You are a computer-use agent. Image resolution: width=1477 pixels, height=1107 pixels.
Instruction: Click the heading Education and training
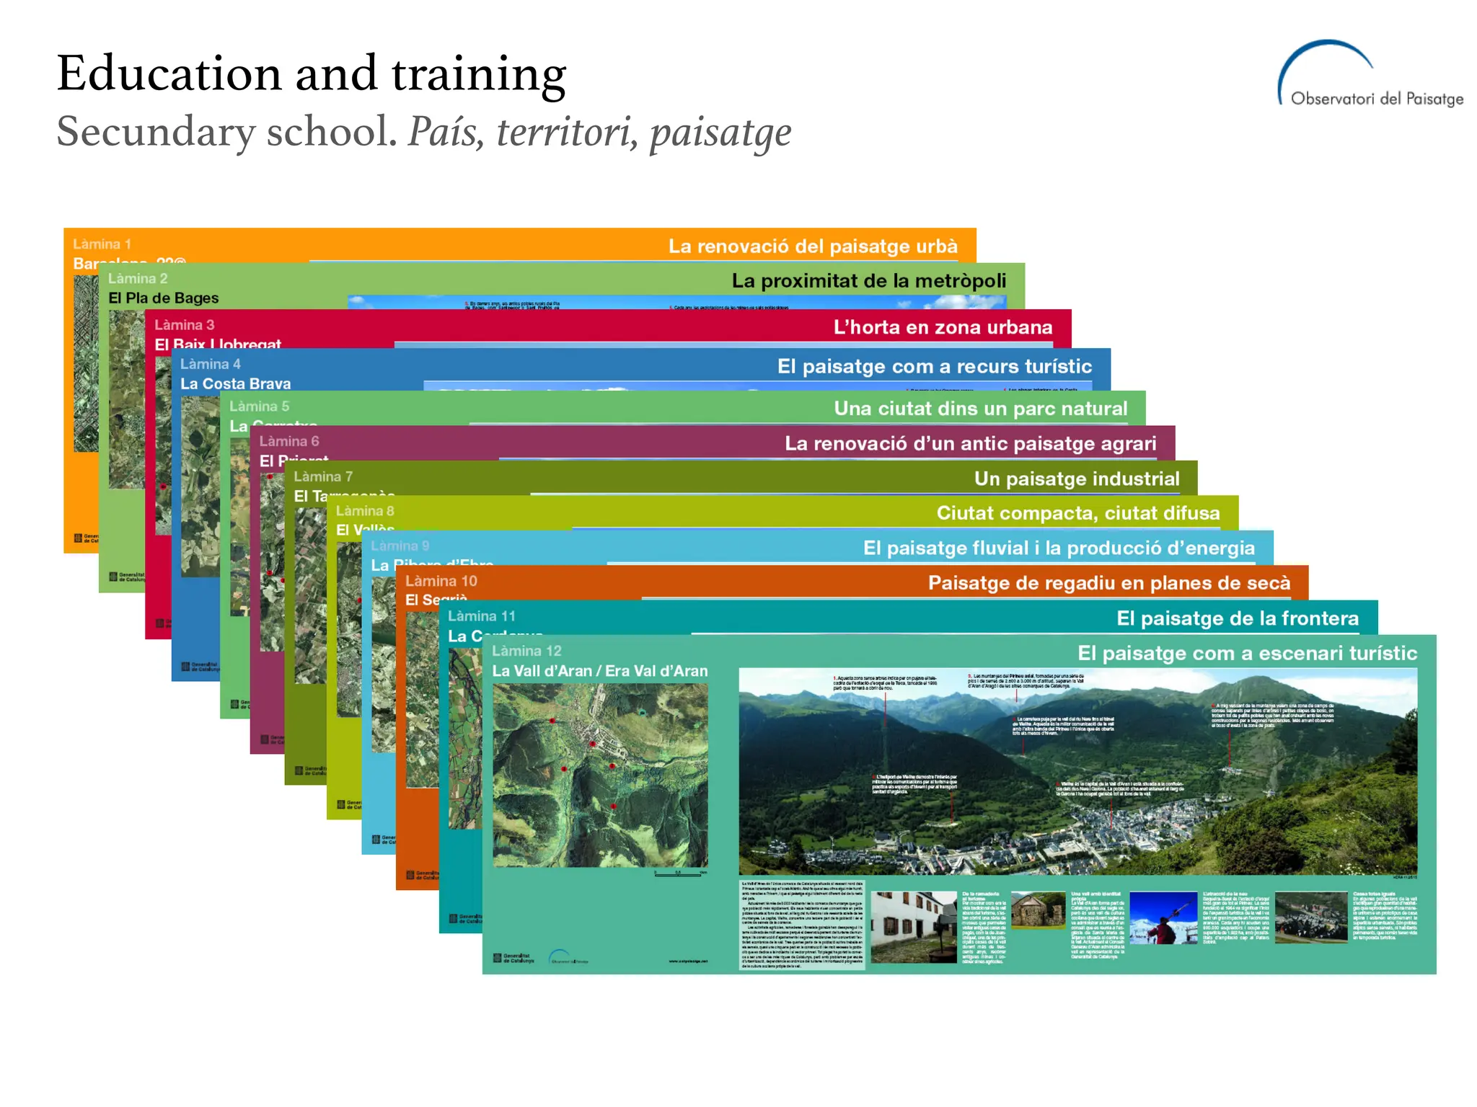pos(312,74)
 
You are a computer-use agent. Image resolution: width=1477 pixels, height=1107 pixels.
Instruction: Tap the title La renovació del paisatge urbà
pos(813,246)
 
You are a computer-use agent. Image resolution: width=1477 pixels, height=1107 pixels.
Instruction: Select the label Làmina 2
pos(138,279)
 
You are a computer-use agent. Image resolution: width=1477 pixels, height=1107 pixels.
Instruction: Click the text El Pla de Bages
pos(164,298)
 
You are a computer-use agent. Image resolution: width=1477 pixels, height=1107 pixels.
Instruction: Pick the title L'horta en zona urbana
pos(943,328)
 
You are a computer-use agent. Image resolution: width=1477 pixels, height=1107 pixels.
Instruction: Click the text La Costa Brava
pos(236,384)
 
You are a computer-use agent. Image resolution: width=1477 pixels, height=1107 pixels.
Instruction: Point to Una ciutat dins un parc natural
pos(980,409)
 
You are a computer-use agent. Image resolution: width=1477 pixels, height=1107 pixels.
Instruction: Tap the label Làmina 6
pos(289,442)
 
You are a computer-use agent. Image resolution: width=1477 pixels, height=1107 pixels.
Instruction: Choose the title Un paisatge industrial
pos(1077,479)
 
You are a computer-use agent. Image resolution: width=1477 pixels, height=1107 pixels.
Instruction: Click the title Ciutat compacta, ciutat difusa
pos(1078,514)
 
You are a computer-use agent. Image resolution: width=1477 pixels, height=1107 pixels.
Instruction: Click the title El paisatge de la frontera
pos(1237,619)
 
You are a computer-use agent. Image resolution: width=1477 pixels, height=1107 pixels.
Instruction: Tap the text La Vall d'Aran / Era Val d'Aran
pos(600,672)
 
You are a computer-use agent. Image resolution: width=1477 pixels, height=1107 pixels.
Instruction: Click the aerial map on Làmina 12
pos(600,775)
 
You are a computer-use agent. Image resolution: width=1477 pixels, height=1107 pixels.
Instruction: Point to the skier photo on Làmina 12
pos(1163,918)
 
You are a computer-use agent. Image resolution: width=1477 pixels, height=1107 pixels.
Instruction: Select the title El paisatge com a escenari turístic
pos(1247,654)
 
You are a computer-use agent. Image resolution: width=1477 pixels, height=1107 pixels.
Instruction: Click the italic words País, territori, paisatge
pos(600,133)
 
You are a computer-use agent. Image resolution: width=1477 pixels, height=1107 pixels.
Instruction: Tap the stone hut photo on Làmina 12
pos(1038,910)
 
